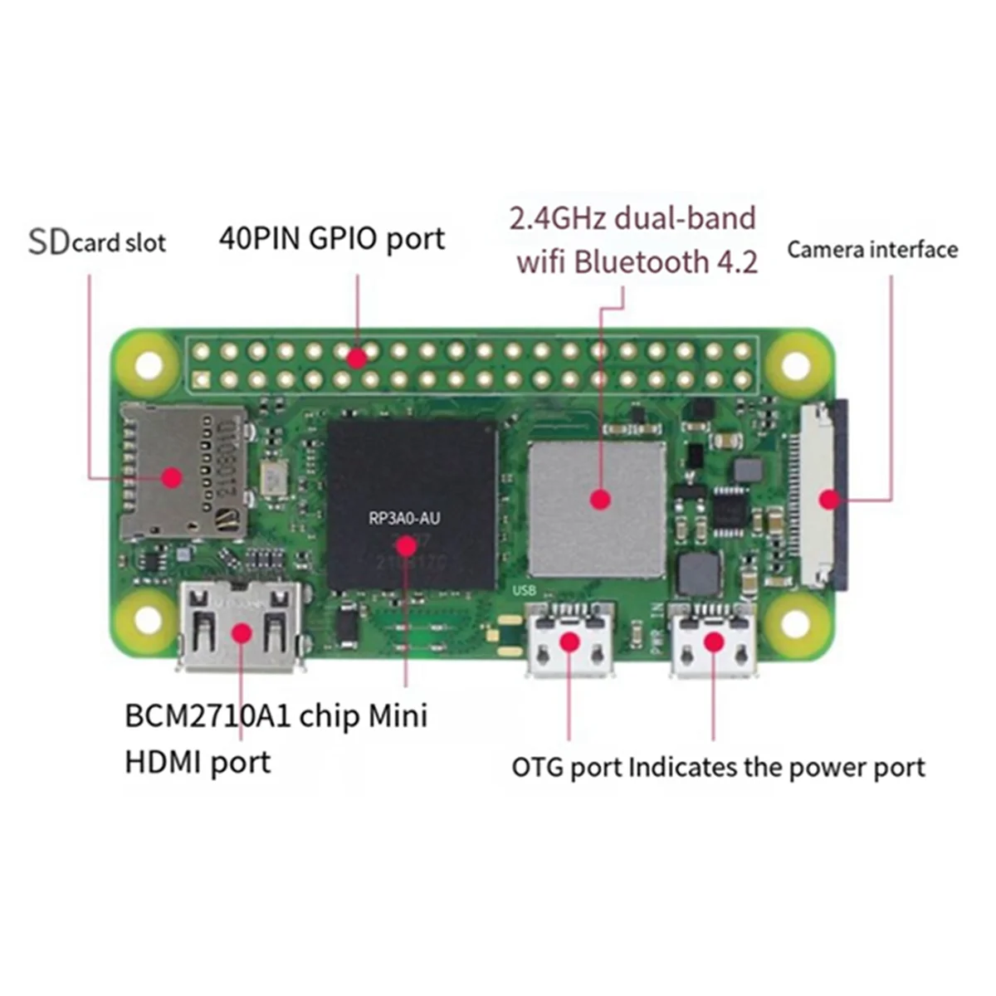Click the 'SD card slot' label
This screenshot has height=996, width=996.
(97, 242)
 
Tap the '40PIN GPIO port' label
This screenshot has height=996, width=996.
(331, 239)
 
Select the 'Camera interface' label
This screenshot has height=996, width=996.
(872, 250)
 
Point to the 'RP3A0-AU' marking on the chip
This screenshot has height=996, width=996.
(404, 520)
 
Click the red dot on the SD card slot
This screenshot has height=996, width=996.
(172, 477)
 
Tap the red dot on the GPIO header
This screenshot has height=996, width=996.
(357, 359)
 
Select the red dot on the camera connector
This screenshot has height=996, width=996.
(828, 500)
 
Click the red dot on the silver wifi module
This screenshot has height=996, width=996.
(600, 500)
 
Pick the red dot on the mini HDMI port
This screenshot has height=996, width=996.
(241, 633)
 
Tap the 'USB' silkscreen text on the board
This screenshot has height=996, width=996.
(525, 591)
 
